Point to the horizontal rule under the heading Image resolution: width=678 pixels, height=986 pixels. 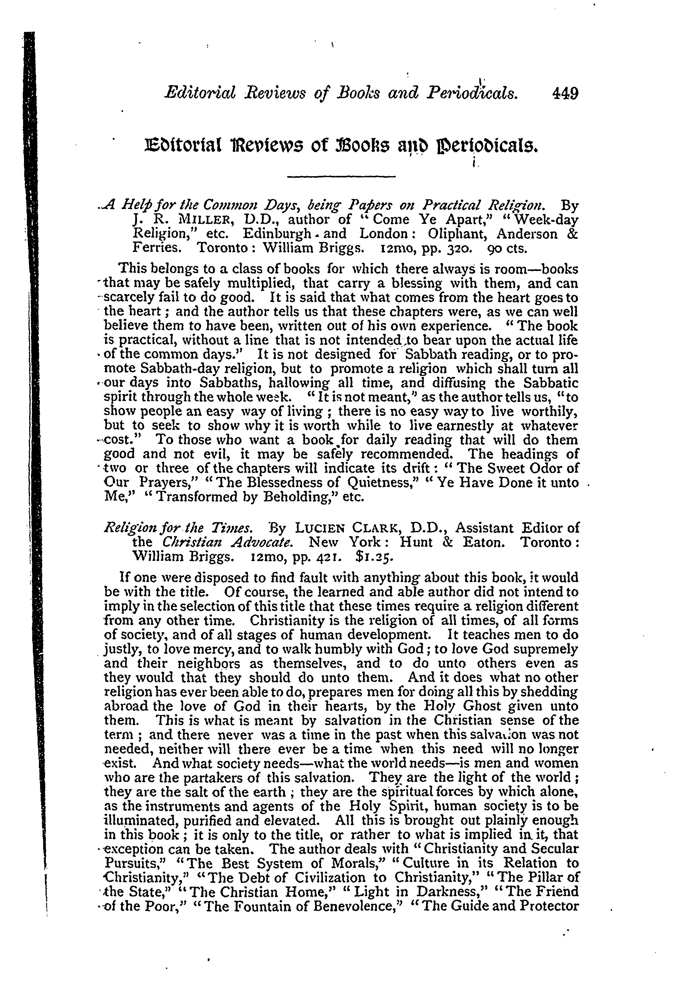click(341, 176)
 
